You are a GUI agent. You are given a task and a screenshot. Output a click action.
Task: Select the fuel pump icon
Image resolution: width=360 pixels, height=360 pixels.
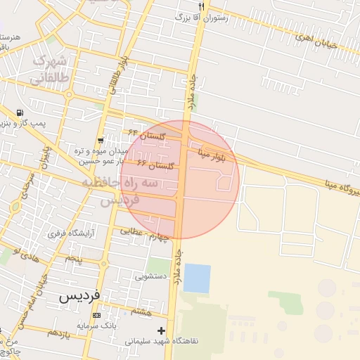tap(19, 112)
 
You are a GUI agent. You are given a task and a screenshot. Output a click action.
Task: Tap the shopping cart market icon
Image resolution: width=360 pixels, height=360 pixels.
tap(102, 140)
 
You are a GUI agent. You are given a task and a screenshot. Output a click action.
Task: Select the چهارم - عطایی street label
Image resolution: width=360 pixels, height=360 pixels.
tap(145, 233)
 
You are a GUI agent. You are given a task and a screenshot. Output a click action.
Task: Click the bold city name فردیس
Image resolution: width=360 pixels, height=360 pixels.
tap(79, 296)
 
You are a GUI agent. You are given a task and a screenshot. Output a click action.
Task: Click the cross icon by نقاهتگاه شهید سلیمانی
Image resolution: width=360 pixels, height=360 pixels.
tap(162, 330)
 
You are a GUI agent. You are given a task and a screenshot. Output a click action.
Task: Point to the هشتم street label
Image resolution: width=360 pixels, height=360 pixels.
tap(141, 310)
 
